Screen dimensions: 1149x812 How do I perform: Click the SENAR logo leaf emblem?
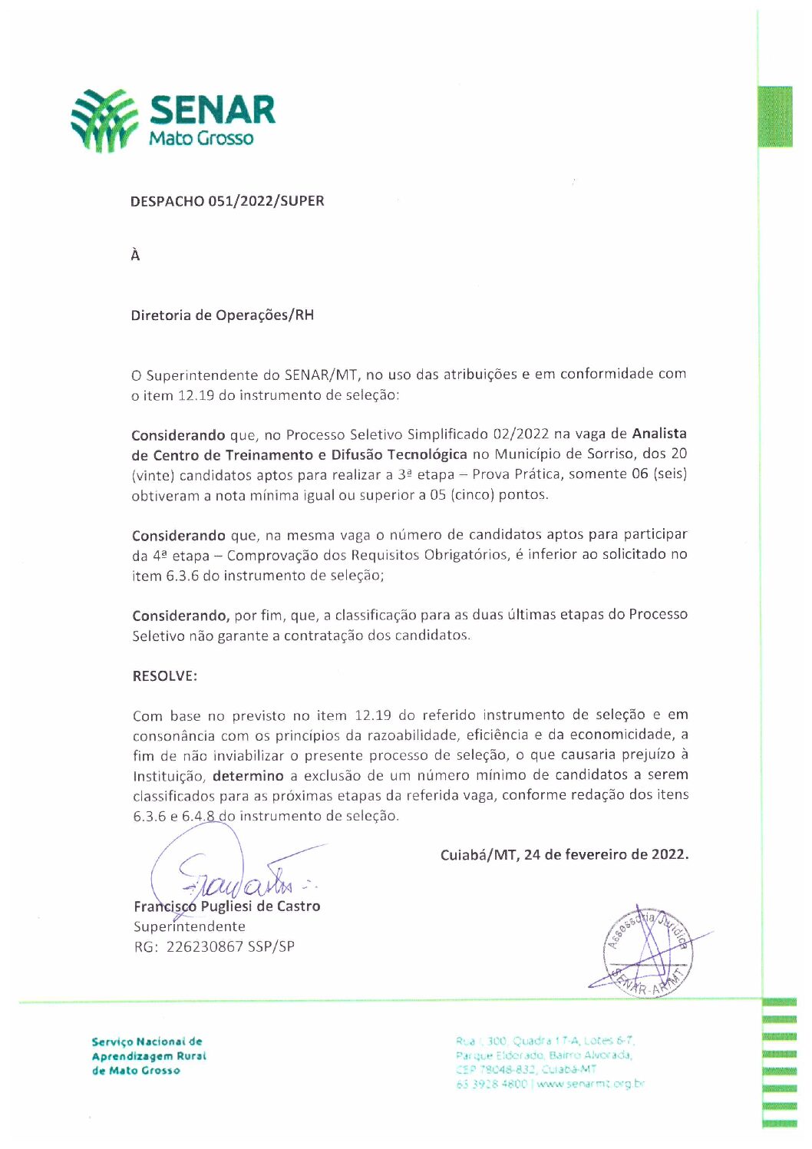coord(104,120)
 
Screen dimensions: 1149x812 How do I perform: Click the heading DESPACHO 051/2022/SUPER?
coord(227,201)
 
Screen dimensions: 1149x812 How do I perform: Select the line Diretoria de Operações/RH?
coord(222,315)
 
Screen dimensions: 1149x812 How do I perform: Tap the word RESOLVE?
coord(164,676)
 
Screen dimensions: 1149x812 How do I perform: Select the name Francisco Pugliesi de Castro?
coord(226,906)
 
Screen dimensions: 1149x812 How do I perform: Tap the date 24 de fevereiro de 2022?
coord(606,855)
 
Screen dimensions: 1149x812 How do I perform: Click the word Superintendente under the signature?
coord(190,926)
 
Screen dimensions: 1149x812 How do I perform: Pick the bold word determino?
coord(248,776)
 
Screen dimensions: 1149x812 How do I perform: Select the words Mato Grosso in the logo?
coord(201,138)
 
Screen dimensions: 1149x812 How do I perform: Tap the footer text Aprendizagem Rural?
coord(149,1056)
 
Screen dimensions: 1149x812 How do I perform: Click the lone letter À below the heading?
coord(135,256)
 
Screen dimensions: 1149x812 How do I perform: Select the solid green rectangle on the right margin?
coord(775,117)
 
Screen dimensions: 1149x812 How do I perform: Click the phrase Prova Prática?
coord(516,474)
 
